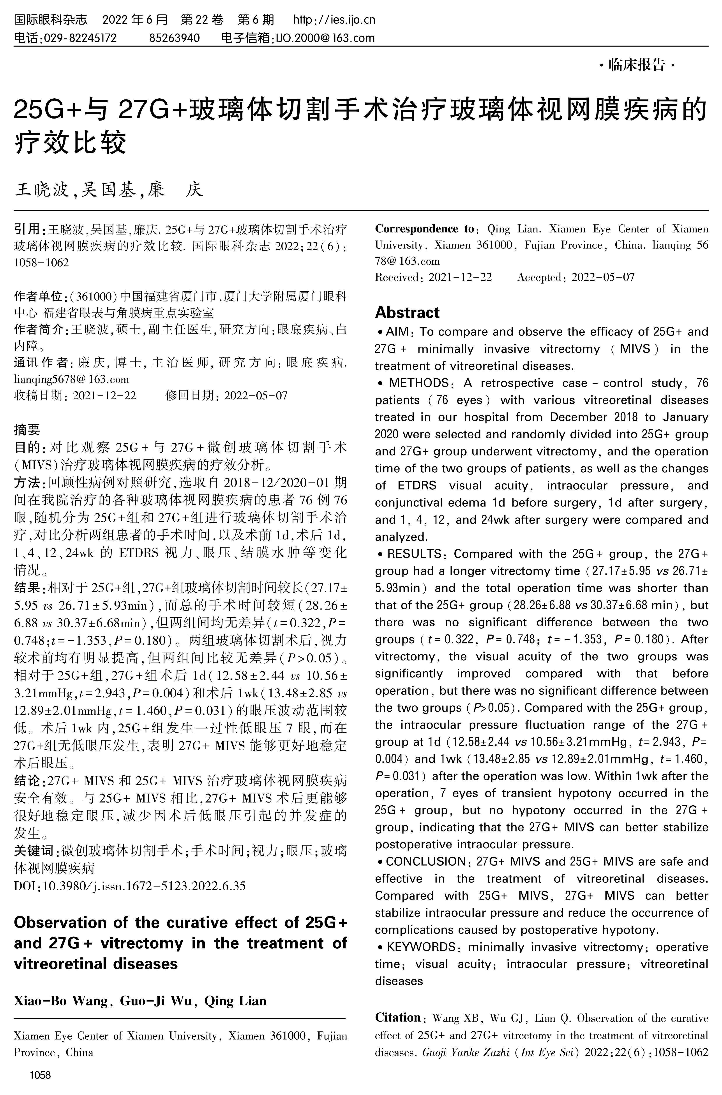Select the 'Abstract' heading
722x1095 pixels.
(407, 313)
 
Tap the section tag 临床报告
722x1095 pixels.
(637, 65)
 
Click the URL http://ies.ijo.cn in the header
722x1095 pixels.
(334, 20)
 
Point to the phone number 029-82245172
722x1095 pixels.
(79, 38)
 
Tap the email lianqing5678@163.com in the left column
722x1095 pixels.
(71, 379)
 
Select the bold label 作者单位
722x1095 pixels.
(41, 296)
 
